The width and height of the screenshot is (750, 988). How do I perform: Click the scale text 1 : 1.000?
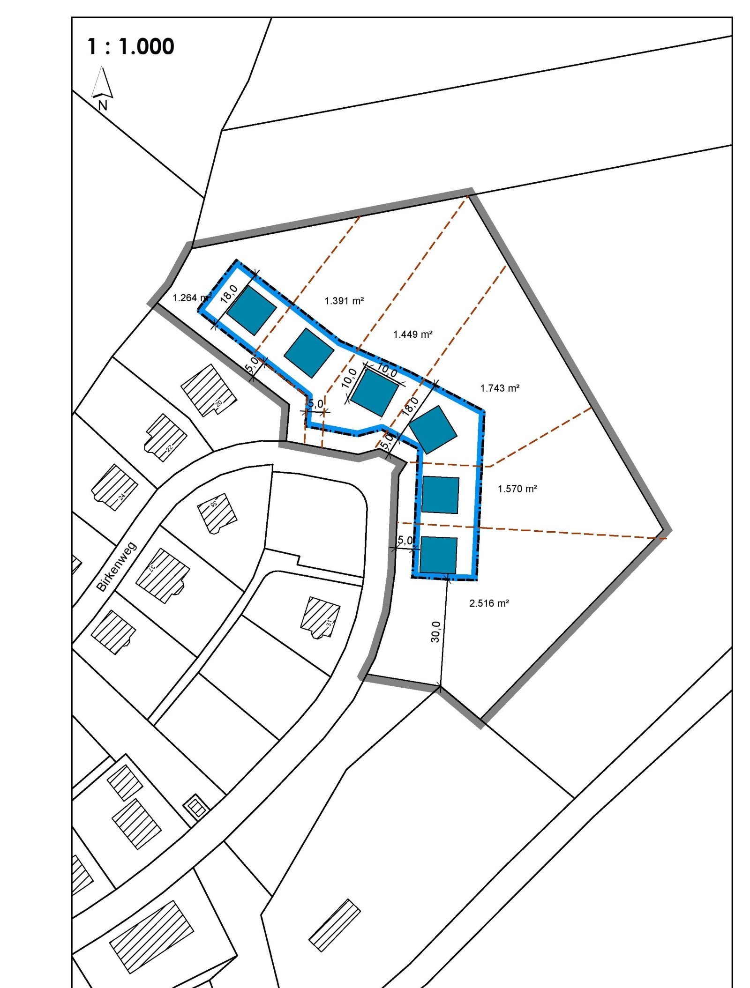(x=130, y=46)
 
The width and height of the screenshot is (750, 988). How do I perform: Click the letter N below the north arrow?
(x=103, y=106)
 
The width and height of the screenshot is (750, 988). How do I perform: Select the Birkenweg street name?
(x=116, y=567)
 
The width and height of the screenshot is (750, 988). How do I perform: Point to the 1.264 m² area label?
(x=191, y=298)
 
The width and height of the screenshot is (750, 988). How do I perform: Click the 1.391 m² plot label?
(x=344, y=301)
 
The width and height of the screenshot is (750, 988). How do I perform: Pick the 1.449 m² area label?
(x=412, y=334)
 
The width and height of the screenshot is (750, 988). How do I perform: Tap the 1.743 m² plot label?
(x=500, y=388)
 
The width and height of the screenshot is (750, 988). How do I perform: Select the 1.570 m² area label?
(x=517, y=489)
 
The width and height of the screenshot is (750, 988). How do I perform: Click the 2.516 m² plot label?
(x=489, y=603)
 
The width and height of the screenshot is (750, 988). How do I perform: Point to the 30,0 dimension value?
(x=435, y=631)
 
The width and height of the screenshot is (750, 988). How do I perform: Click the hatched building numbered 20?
(x=209, y=390)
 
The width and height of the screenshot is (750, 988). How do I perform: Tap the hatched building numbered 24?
(x=114, y=487)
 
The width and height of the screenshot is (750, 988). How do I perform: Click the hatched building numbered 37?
(x=163, y=575)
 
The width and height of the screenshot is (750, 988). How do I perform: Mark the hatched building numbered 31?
(x=320, y=617)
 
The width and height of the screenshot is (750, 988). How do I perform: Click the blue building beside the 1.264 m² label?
(x=252, y=310)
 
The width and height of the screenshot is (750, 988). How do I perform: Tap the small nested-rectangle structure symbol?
(x=196, y=806)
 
